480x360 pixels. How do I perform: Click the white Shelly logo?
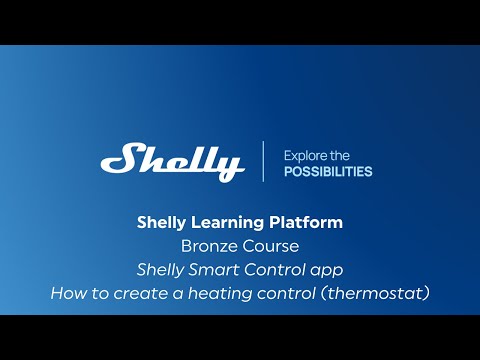pos(172,161)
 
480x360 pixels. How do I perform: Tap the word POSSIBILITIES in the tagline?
pos(328,171)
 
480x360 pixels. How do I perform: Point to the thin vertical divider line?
pos(264,161)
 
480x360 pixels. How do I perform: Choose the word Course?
pos(271,245)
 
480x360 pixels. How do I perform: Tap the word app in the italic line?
pos(327,270)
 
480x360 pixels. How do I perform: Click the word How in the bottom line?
pos(68,293)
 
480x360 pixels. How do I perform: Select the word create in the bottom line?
pos(144,293)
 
